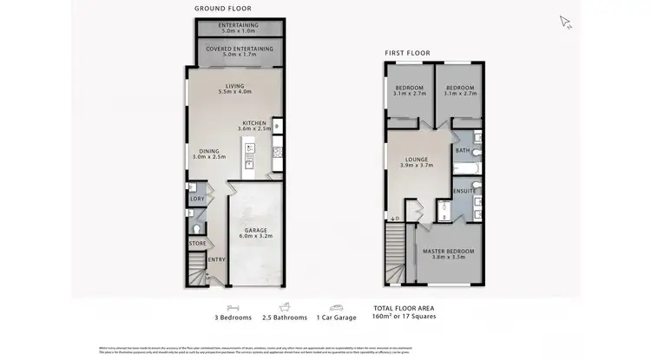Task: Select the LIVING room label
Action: (x=234, y=86)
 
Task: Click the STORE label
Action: (x=196, y=243)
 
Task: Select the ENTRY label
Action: (x=215, y=259)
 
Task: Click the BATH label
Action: (x=462, y=151)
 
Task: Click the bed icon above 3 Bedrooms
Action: (x=233, y=306)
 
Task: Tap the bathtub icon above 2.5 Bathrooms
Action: (x=285, y=306)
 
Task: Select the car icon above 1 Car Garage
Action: (x=337, y=306)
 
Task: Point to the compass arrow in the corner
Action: (x=565, y=22)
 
